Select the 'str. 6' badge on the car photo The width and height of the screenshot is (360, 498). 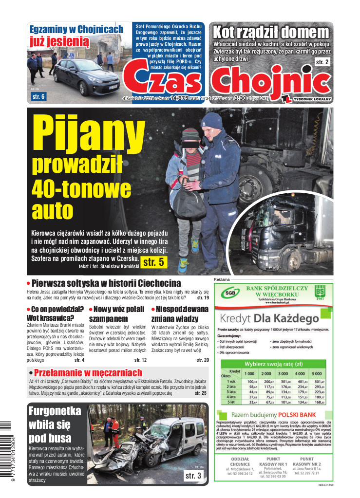tap(38, 97)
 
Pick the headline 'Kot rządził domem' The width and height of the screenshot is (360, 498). tap(271, 33)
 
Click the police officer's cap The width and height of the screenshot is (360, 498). tap(212, 119)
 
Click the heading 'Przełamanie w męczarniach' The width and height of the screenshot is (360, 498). tap(87, 373)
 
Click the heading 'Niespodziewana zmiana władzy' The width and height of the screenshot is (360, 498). tap(180, 314)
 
